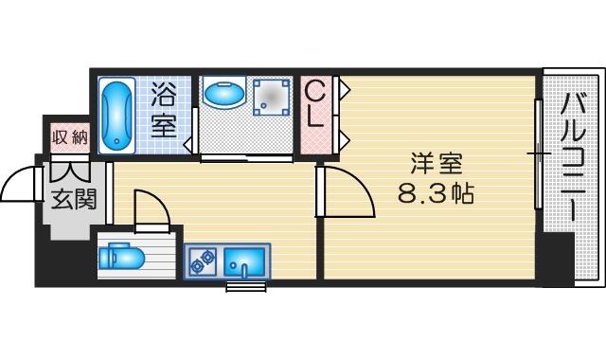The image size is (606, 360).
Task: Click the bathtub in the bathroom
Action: [116, 116]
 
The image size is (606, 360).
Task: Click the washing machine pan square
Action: [272, 97]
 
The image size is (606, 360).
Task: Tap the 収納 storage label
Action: [70, 136]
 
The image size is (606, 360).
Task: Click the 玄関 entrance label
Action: [73, 200]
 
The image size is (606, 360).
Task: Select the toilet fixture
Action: [121, 256]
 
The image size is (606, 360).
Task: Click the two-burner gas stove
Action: [204, 261]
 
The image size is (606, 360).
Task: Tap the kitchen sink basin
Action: [244, 262]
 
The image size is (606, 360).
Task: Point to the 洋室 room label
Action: [437, 163]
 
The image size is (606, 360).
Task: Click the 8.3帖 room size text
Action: [436, 193]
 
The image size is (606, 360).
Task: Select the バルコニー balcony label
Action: [574, 157]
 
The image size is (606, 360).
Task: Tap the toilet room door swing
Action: [158, 201]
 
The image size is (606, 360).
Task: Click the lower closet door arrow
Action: [345, 139]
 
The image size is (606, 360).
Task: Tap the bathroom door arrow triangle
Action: [187, 145]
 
